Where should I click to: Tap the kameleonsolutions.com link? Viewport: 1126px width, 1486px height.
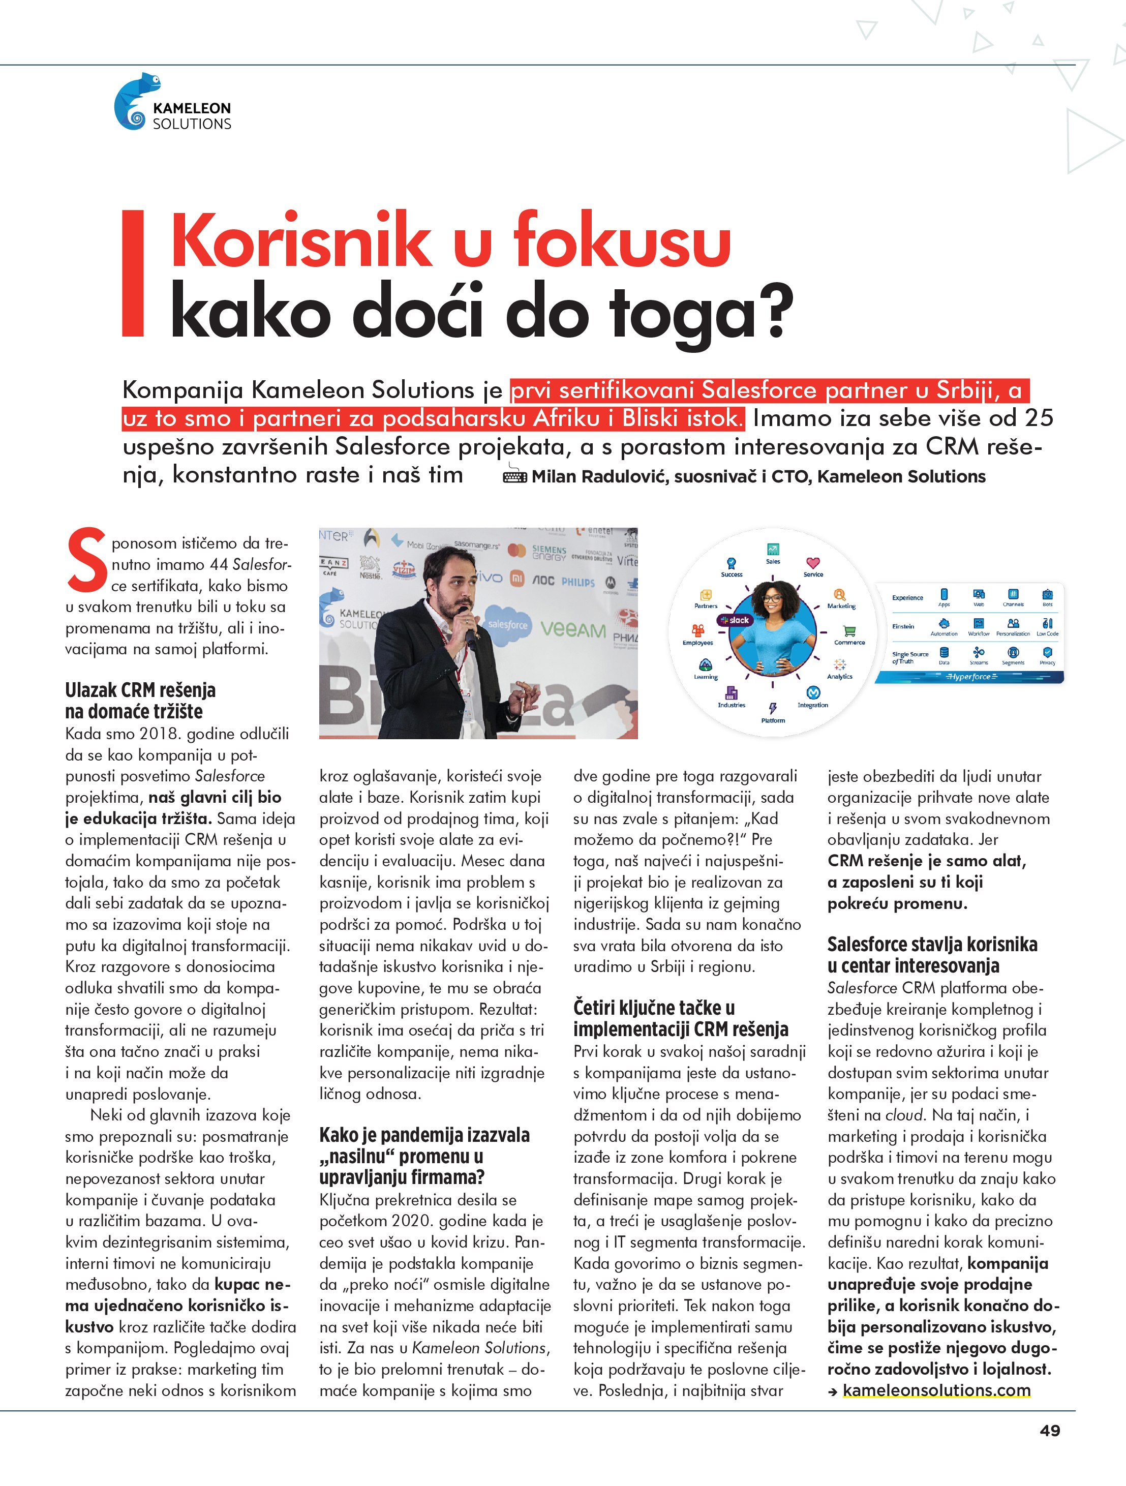tap(936, 1390)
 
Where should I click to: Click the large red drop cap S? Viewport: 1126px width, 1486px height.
tap(86, 560)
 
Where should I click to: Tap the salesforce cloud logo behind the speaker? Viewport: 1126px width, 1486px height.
tap(507, 624)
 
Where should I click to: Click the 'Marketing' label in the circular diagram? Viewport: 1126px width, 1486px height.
tap(841, 606)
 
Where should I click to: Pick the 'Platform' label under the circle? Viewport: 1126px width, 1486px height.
tap(773, 720)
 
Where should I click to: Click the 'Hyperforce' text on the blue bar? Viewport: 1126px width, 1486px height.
tap(970, 677)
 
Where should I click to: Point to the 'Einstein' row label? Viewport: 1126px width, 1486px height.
tap(903, 626)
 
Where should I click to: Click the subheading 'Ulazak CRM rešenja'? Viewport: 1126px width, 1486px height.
tap(140, 690)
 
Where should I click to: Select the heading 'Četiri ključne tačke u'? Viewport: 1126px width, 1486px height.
tap(654, 1008)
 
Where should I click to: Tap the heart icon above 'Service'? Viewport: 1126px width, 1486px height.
tap(813, 562)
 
